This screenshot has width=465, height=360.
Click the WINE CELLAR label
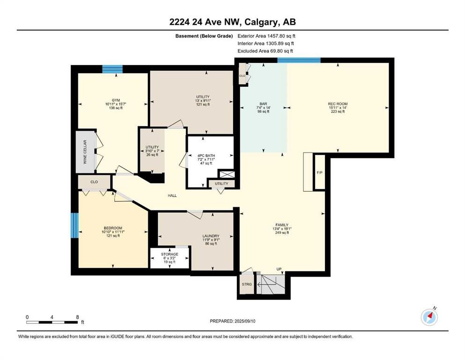point(85,152)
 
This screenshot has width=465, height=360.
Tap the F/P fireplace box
point(319,172)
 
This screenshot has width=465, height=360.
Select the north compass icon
point(429,317)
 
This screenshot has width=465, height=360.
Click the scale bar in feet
point(52,322)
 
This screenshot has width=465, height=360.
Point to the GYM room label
point(116,100)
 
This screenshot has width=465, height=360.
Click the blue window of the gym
point(112,69)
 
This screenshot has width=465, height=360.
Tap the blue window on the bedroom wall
point(75,225)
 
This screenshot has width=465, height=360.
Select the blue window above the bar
point(299,60)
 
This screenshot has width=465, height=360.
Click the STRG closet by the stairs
point(247,285)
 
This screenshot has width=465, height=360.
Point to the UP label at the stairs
point(279,269)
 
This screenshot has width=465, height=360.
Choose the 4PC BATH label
point(206,156)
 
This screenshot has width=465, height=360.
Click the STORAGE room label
point(170,255)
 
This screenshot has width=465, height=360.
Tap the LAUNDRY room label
point(211,236)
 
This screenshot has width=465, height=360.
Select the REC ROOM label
point(338,104)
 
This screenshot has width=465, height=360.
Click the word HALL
point(172,195)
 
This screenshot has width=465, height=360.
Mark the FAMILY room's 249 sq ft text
point(282,232)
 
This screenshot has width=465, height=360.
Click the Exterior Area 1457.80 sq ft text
point(266,36)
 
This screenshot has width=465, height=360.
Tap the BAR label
point(263,104)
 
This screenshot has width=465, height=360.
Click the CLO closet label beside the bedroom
point(94,182)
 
